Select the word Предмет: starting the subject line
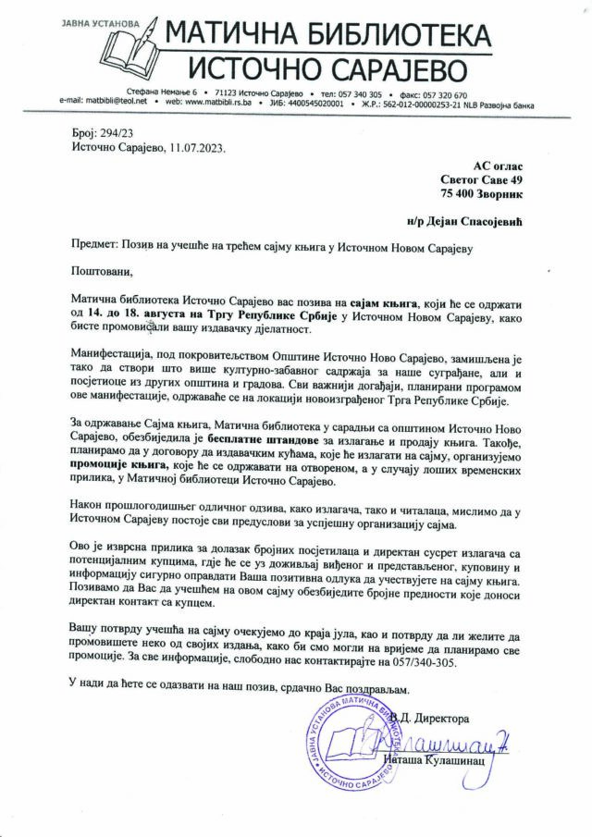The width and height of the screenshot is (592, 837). pos(93,245)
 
